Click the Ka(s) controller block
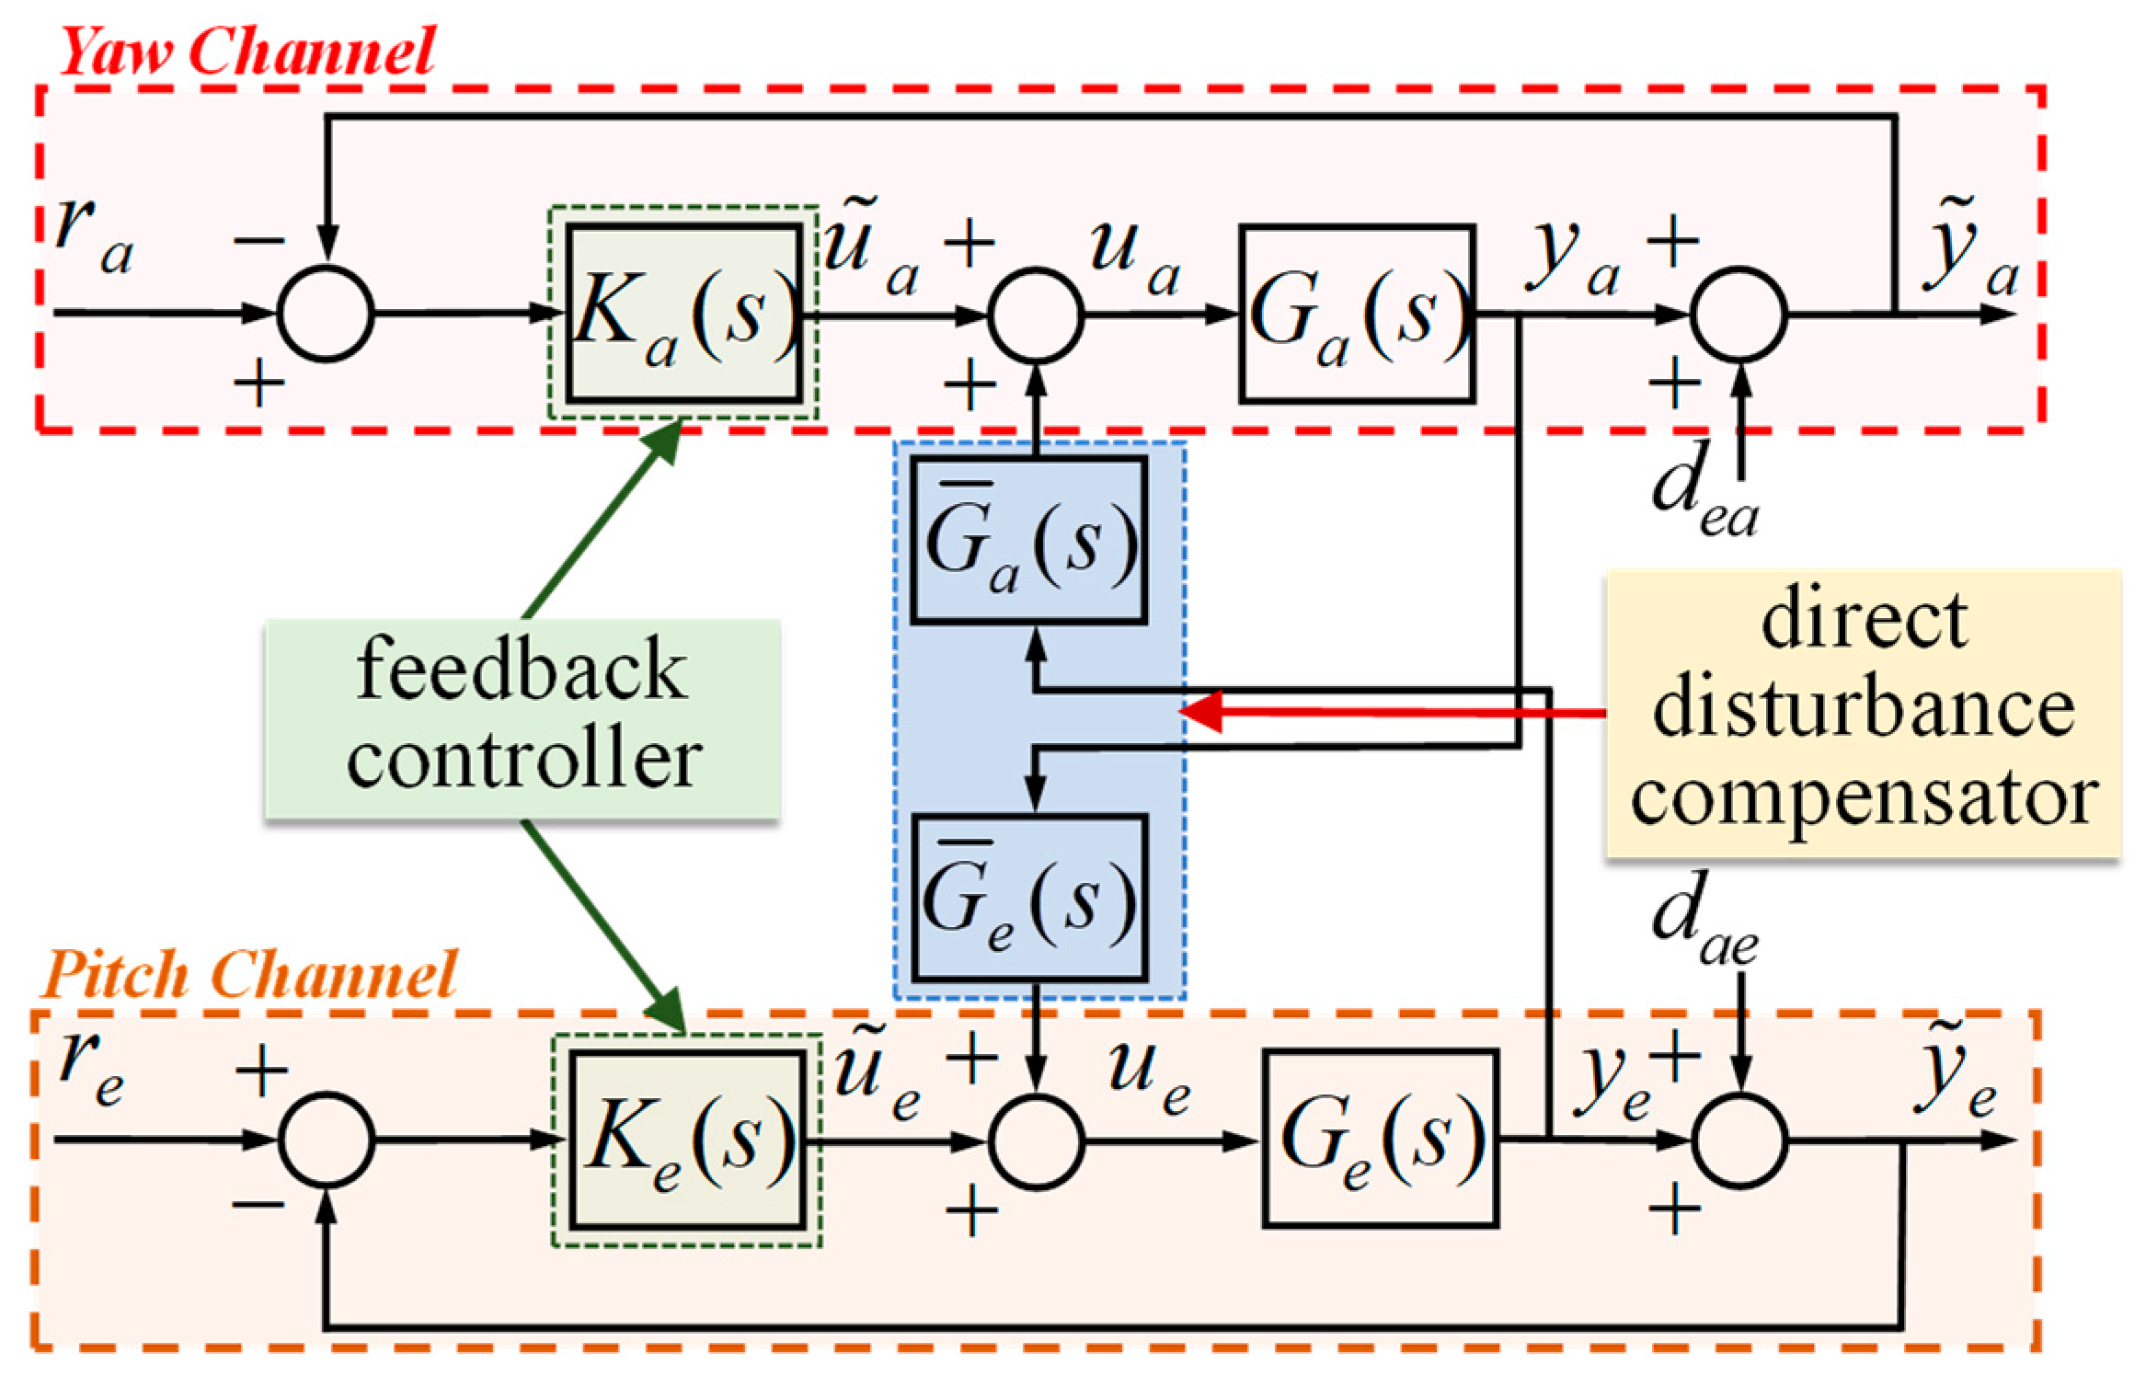[683, 314]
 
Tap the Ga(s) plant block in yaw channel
[1357, 314]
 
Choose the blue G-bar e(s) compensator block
[1028, 899]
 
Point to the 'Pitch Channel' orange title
[248, 975]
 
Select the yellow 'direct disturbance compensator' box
[1863, 713]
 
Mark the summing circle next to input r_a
[326, 314]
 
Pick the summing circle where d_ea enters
[1739, 314]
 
